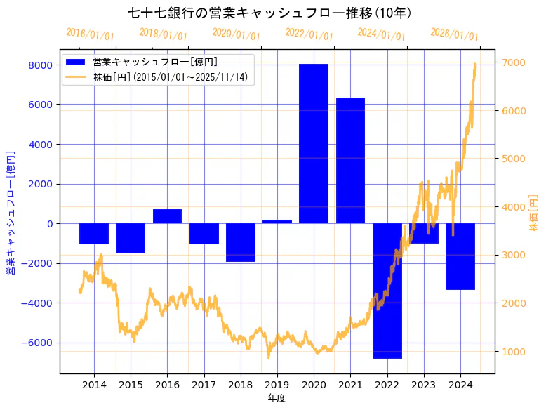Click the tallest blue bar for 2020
point(314,144)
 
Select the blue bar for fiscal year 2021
point(350,161)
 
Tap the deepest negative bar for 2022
point(387,291)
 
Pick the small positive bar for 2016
point(167,216)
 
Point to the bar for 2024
point(460,256)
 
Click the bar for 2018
point(241,242)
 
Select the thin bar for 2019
point(277,222)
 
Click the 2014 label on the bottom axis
point(94,385)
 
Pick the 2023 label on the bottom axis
point(423,385)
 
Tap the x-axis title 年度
point(277,399)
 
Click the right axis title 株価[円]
point(533,214)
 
